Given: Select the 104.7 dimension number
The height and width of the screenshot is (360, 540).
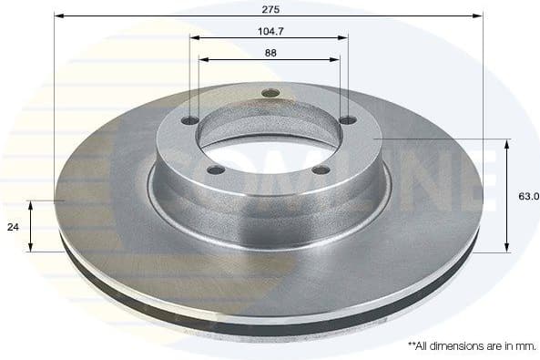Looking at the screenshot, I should tap(270, 29).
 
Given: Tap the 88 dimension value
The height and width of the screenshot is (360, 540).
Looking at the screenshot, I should tap(270, 51).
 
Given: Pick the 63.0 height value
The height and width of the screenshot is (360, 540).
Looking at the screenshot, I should tap(529, 195).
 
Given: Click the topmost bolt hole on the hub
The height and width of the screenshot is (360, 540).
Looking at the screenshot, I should tap(267, 92).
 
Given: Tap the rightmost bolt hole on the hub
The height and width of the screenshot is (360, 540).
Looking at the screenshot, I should tap(347, 121).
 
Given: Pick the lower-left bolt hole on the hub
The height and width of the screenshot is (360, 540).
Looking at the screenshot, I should tap(216, 170).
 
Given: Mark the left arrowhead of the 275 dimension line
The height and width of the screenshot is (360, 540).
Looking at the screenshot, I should tap(58, 15).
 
